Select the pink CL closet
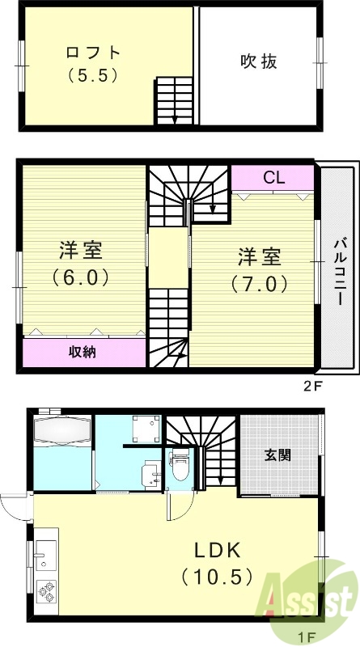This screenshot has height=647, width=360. [273, 178]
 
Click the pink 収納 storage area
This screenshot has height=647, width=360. [83, 352]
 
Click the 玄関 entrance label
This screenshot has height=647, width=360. [277, 455]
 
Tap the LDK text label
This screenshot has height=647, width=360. [217, 551]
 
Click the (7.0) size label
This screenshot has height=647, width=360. [259, 284]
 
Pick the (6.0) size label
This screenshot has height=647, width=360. [80, 277]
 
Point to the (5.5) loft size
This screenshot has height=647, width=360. [92, 77]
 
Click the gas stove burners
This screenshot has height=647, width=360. [45, 593]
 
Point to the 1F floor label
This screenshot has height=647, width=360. [307, 638]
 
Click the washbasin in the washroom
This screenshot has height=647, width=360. [151, 474]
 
